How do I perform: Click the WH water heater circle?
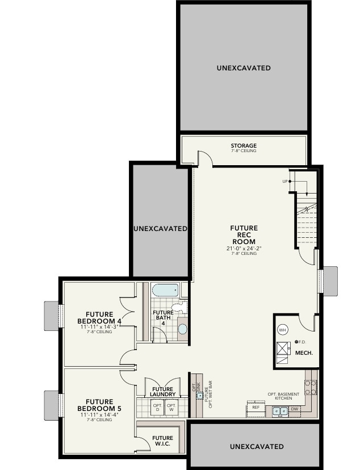click(x=282, y=329)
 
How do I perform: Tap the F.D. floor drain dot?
click(x=296, y=342)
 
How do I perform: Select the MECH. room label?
click(x=304, y=352)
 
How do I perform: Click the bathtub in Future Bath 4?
click(x=165, y=290)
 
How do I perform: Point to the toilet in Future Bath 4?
click(x=178, y=308)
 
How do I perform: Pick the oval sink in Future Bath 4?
click(x=182, y=329)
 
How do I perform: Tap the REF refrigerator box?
click(x=256, y=408)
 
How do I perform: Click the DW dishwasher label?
click(x=295, y=409)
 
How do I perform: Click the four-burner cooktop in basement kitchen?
click(x=311, y=387)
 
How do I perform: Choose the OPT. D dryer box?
click(x=157, y=408)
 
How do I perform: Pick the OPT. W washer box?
click(x=171, y=408)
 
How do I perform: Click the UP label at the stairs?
click(x=285, y=182)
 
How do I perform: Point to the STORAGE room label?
click(x=243, y=146)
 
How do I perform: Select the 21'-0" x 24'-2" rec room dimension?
click(x=244, y=248)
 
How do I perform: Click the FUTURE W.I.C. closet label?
click(x=162, y=440)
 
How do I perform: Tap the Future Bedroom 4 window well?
click(x=52, y=315)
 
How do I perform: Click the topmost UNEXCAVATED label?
click(x=243, y=68)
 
